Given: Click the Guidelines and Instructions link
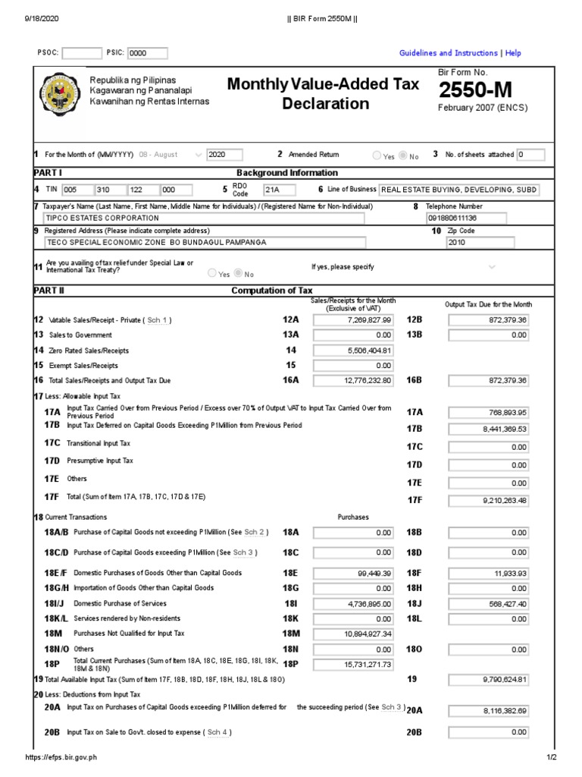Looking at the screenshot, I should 448,53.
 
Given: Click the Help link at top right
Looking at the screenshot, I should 513,53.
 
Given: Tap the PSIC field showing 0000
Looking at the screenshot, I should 147,53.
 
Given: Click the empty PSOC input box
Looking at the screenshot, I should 80,53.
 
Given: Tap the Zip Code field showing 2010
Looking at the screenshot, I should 480,243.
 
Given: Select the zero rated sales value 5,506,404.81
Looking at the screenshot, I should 354,351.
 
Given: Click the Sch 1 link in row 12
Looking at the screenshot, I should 158,320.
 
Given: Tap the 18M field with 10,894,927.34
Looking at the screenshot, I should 354,634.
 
